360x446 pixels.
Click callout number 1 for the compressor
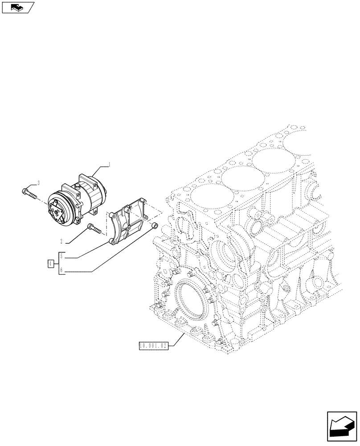110,165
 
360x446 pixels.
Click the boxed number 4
51,264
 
